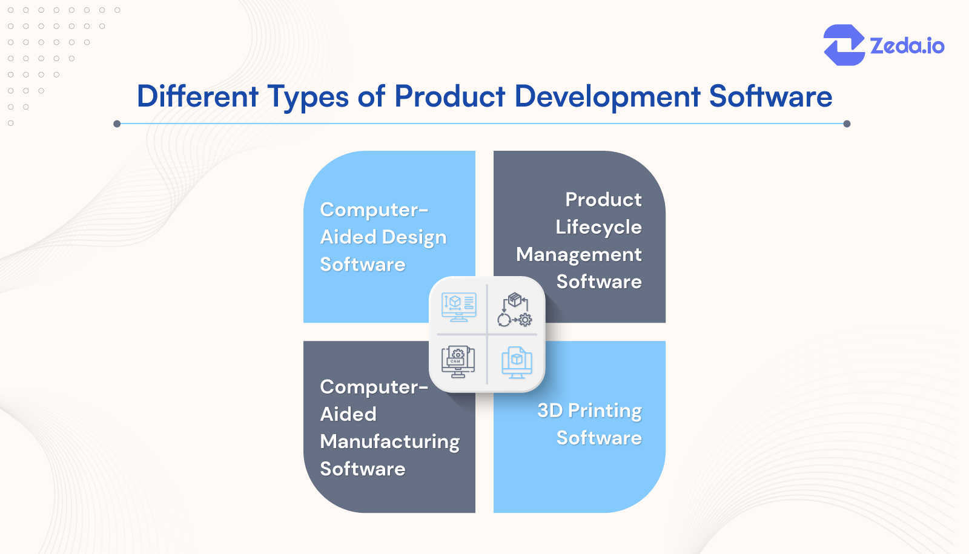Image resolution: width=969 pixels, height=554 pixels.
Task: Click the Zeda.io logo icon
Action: click(x=844, y=45)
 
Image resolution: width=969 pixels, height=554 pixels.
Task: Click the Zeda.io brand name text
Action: click(x=907, y=46)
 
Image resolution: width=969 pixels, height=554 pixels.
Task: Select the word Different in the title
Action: click(x=197, y=96)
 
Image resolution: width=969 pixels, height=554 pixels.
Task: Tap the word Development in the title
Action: click(x=607, y=96)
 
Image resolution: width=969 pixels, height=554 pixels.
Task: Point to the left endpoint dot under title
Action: click(x=117, y=124)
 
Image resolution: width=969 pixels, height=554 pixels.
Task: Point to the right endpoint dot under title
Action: click(x=847, y=124)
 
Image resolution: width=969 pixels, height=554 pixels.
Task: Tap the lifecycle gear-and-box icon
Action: click(x=515, y=309)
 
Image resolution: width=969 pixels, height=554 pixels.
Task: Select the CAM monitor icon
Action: click(x=458, y=361)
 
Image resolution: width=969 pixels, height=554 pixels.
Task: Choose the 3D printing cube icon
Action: click(x=517, y=362)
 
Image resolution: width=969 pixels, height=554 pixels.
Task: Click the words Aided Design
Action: click(x=383, y=237)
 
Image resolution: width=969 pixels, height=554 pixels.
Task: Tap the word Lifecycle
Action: click(x=598, y=227)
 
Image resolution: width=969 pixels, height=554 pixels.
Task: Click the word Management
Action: click(x=578, y=254)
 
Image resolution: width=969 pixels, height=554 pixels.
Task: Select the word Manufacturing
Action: click(x=389, y=441)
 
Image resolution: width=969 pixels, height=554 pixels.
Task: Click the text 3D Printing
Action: click(x=589, y=411)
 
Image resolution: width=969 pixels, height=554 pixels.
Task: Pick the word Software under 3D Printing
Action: click(x=598, y=438)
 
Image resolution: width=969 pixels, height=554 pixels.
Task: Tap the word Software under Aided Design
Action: click(x=362, y=265)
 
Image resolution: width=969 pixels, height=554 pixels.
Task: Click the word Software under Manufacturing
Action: click(x=362, y=469)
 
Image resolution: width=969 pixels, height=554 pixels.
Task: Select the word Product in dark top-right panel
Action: click(x=603, y=199)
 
